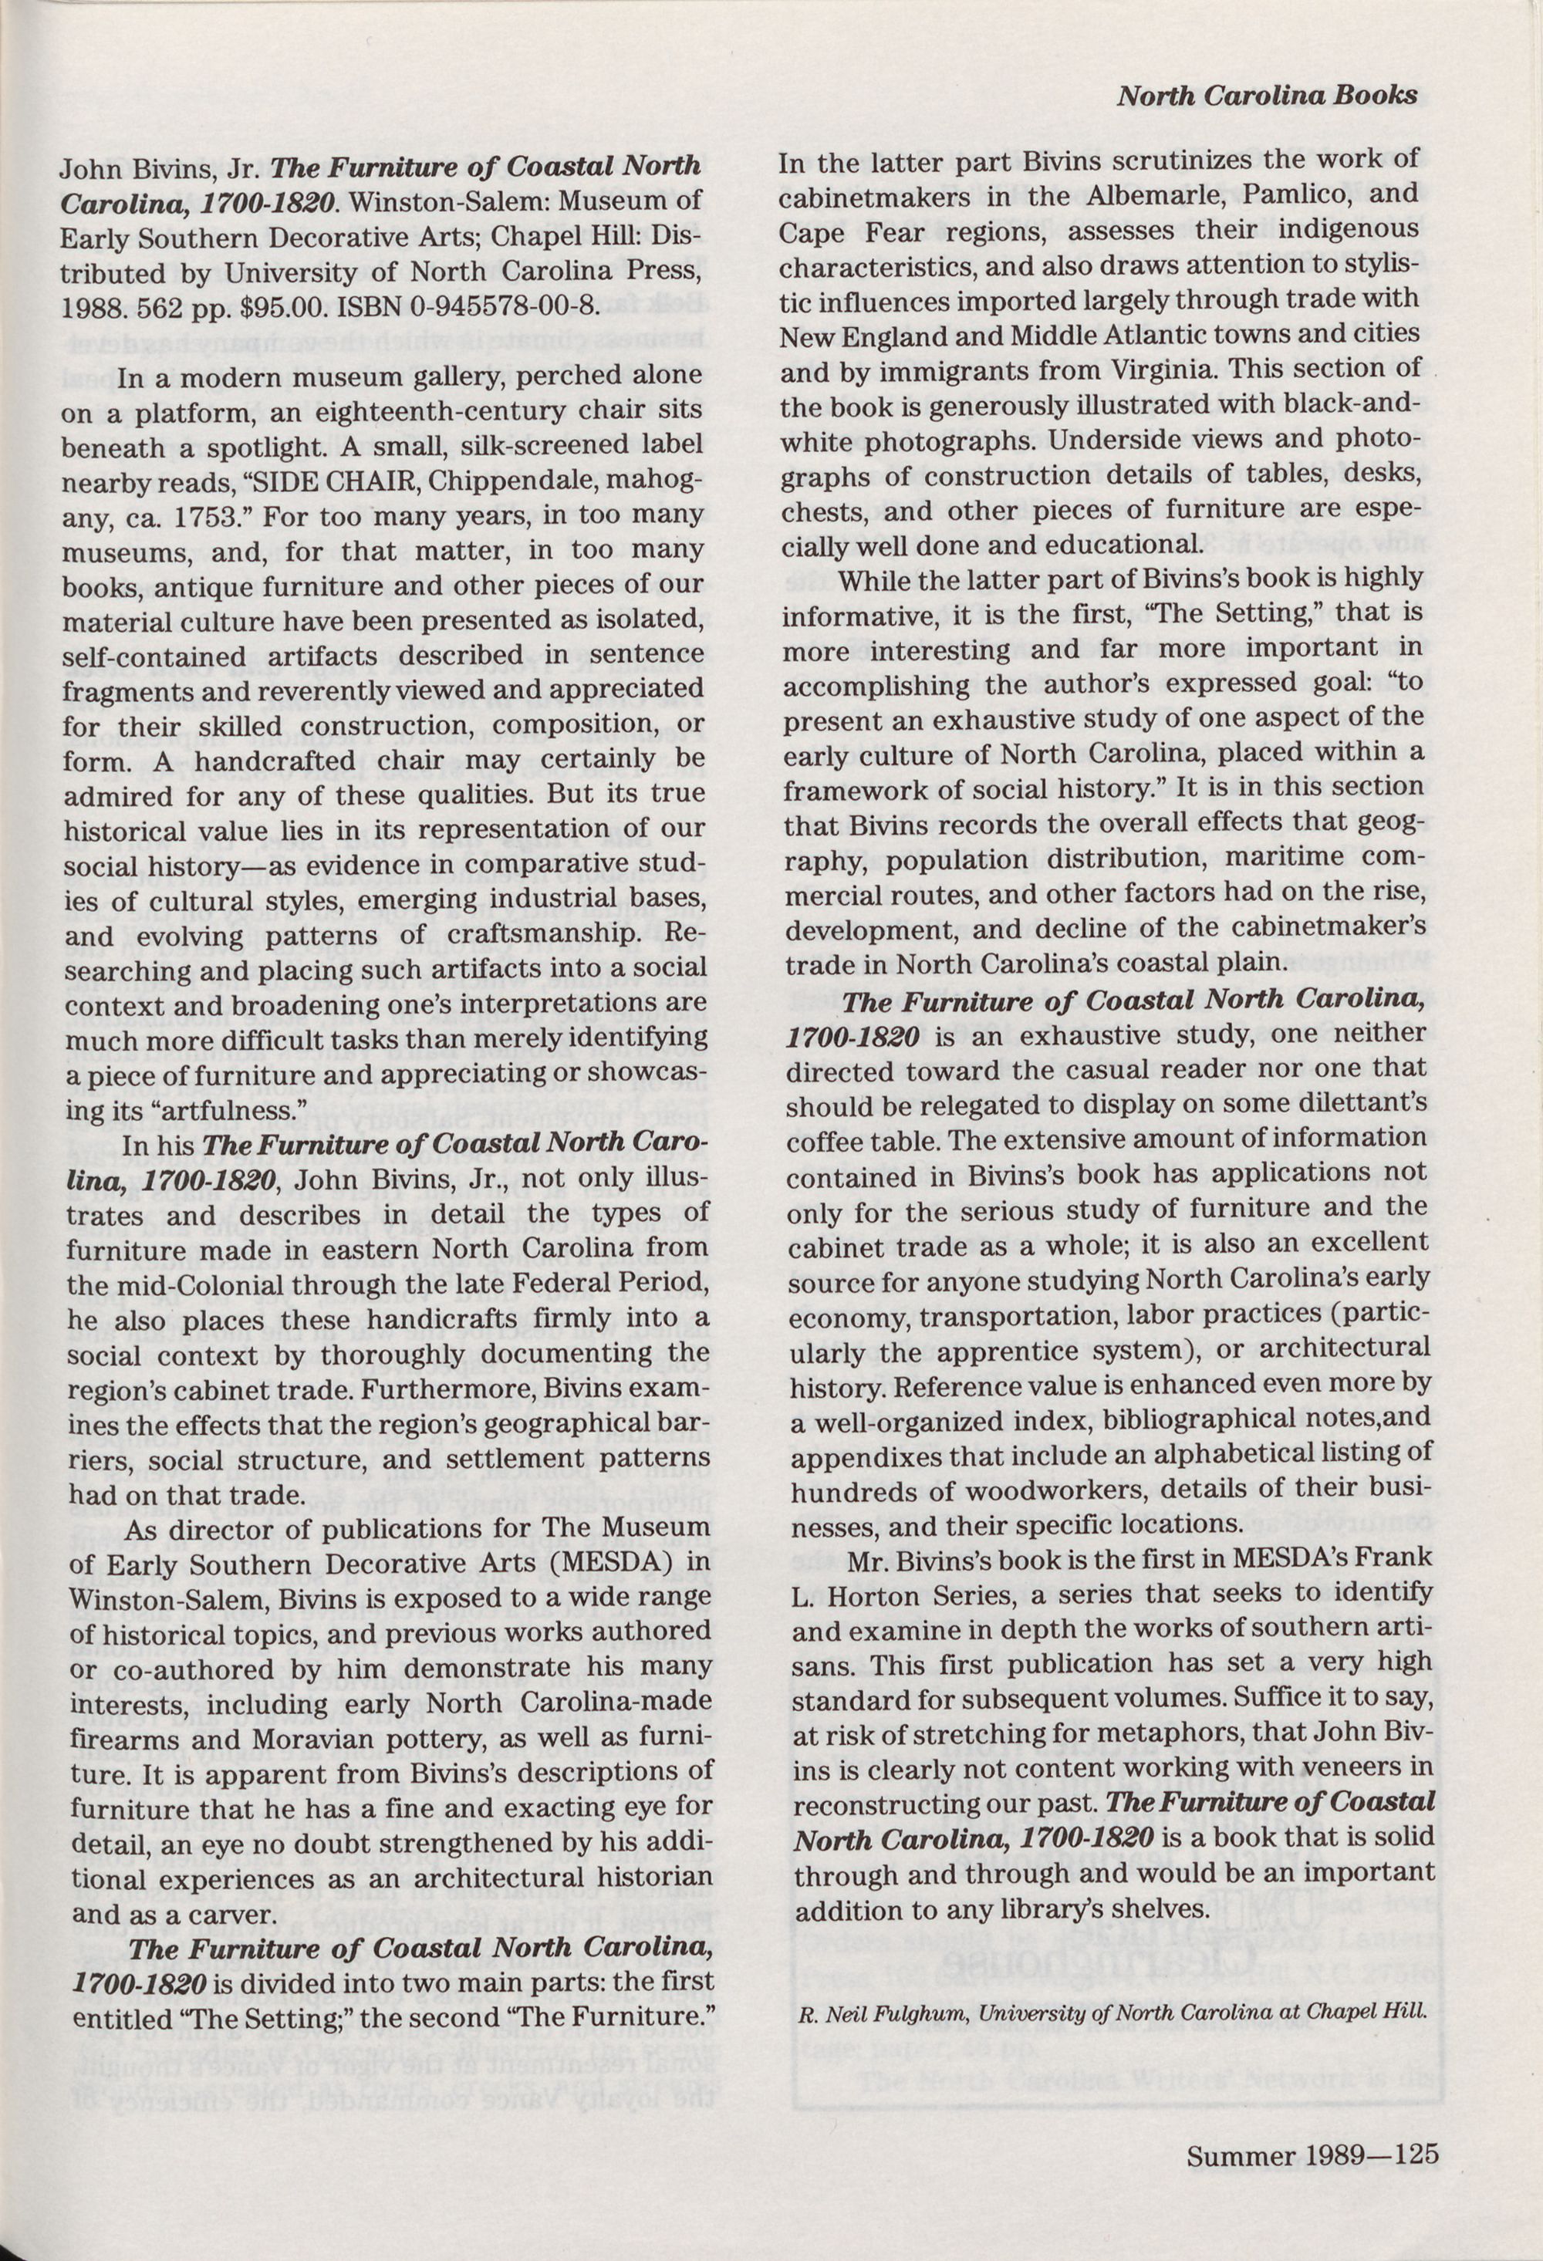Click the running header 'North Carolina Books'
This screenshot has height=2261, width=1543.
(1267, 96)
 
